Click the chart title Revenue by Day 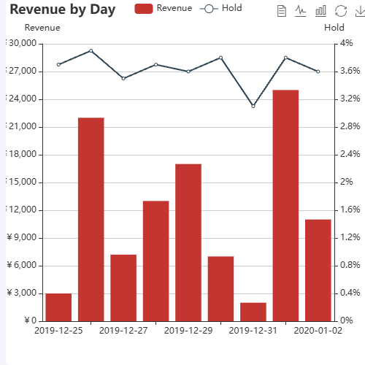pyautogui.click(x=62, y=10)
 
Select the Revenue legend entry pyautogui.click(x=164, y=8)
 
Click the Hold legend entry pyautogui.click(x=221, y=8)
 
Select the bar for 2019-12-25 pyautogui.click(x=58, y=307)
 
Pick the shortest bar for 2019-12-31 pyautogui.click(x=253, y=312)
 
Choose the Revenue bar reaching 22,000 pyautogui.click(x=91, y=219)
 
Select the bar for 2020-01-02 pyautogui.click(x=318, y=270)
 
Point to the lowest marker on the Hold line pyautogui.click(x=253, y=106)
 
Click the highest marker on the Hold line pyautogui.click(x=91, y=50)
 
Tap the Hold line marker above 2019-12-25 pyautogui.click(x=58, y=64)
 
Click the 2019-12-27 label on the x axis pyautogui.click(x=123, y=331)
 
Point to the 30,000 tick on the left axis pyautogui.click(x=23, y=44)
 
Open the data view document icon pyautogui.click(x=282, y=11)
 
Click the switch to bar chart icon pyautogui.click(x=320, y=11)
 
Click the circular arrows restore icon pyautogui.click(x=340, y=11)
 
